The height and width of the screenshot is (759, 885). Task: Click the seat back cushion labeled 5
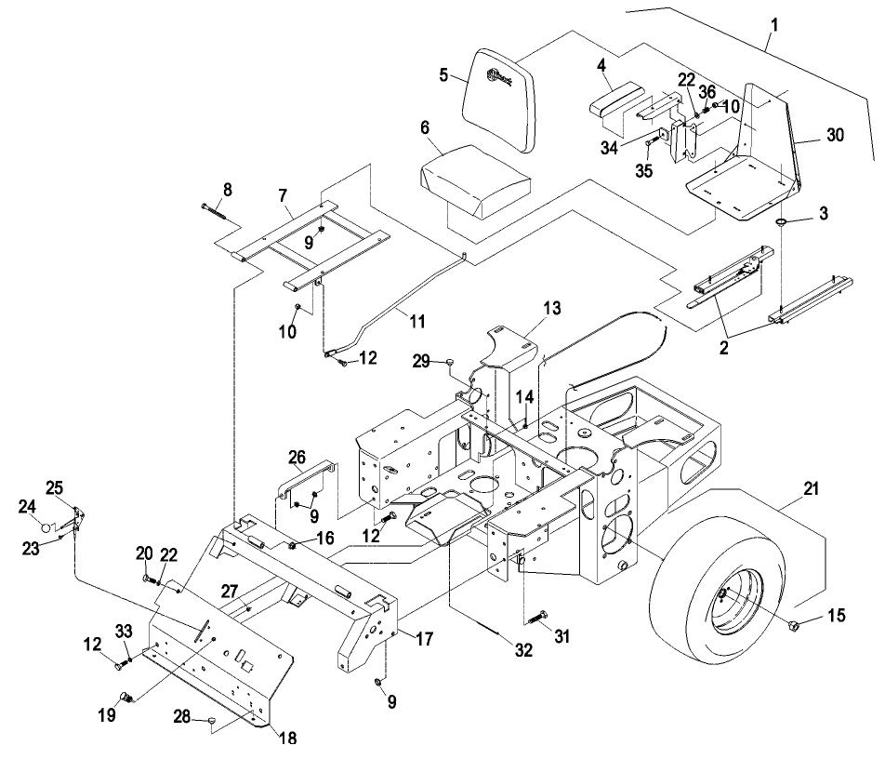[498, 100]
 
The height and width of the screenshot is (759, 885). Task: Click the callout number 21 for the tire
[811, 488]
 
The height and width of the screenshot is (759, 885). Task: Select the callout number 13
[552, 308]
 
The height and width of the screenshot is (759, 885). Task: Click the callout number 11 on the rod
[417, 321]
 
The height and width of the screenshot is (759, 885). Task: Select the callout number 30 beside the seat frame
[835, 135]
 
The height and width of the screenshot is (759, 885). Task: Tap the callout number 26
[297, 457]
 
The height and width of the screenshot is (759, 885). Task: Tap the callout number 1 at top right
[775, 25]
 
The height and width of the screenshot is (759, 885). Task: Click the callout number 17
[424, 639]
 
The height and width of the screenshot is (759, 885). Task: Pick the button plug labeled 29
[451, 360]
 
